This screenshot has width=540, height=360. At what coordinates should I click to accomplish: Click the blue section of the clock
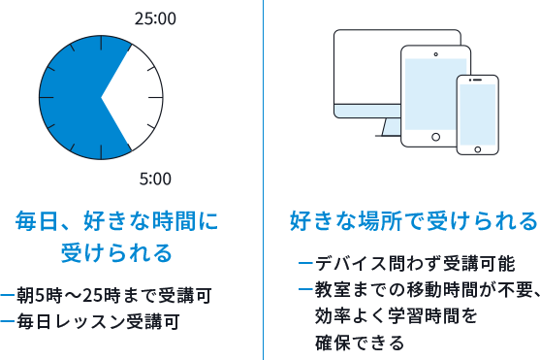coord(73,97)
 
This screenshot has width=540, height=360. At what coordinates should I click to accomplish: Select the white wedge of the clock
coord(136,97)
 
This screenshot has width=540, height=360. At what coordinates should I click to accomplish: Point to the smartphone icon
coord(477,115)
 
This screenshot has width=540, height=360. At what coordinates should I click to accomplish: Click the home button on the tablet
coord(434,137)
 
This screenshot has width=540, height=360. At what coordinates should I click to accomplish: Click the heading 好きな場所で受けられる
coord(413,220)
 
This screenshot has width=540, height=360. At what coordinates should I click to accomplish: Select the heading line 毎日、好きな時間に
coord(116,221)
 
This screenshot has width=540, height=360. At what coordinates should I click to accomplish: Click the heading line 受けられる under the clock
coord(116,253)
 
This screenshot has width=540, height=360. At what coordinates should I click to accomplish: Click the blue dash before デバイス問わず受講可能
coord(305,265)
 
